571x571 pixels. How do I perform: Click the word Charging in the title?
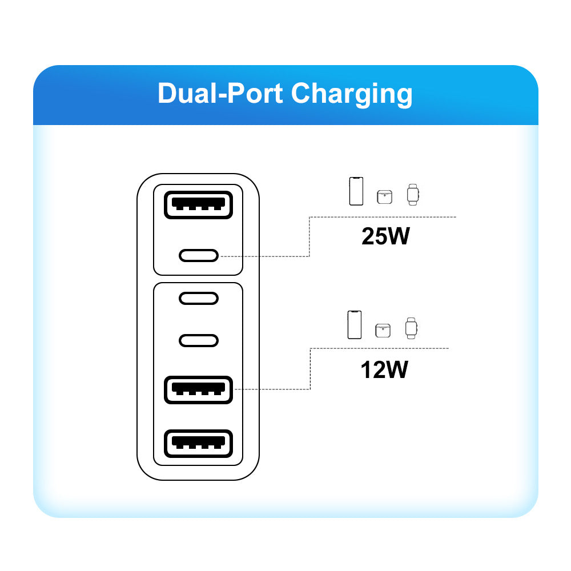pos(351,94)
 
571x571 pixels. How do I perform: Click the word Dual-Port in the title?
pos(220,94)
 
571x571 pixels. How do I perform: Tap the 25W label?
pos(385,236)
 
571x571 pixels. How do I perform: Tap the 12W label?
pos(384,370)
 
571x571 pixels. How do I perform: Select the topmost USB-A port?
pos(198,204)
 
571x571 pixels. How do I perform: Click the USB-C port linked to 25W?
pos(198,255)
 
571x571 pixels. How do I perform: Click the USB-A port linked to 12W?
pos(198,391)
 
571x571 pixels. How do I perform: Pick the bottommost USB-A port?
pos(198,444)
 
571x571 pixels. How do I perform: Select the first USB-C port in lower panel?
pos(198,298)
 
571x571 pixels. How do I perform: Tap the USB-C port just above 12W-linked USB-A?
pos(198,340)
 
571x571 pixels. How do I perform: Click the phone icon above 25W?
pos(356,191)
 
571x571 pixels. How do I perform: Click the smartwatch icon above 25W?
pos(413,194)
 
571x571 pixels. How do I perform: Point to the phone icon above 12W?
pos(355,324)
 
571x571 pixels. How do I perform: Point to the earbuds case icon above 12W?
pos(383,330)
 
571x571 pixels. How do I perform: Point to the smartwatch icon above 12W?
pos(411,328)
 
